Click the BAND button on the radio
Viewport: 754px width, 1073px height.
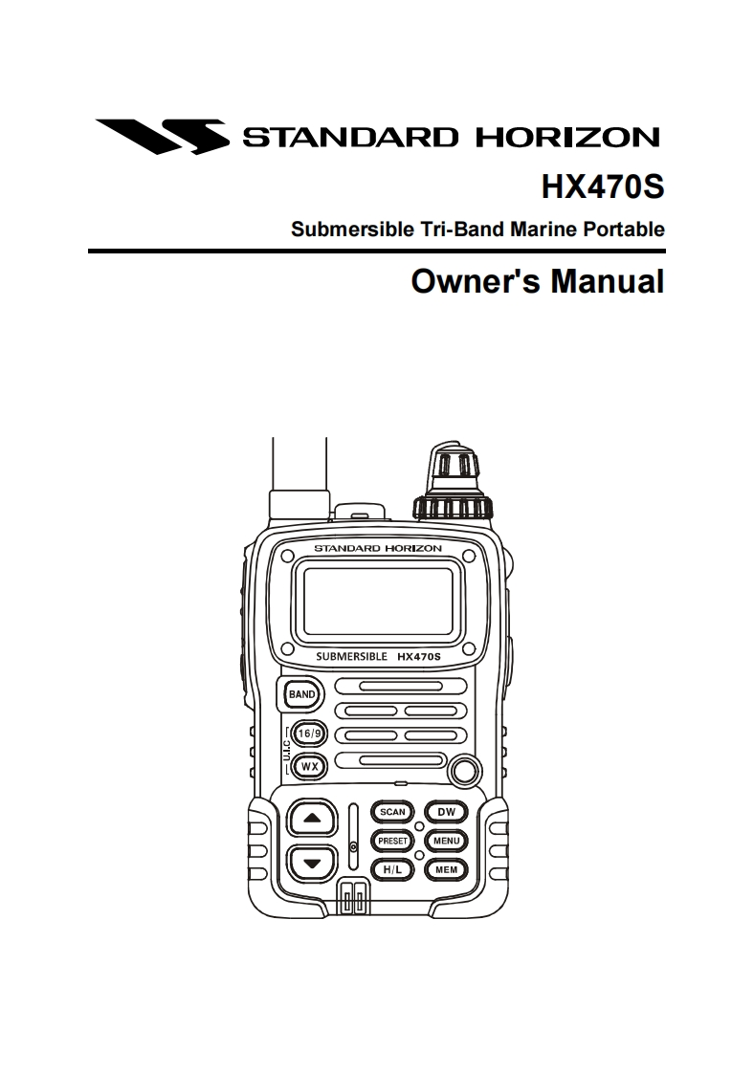click(302, 693)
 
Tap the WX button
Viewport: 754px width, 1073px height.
click(309, 766)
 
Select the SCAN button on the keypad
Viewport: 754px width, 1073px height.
click(392, 812)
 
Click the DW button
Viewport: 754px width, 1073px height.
click(446, 812)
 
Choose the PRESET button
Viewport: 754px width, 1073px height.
click(392, 842)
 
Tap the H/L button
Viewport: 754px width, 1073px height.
click(392, 870)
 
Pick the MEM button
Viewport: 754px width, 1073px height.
click(446, 870)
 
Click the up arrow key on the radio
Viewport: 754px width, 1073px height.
click(310, 818)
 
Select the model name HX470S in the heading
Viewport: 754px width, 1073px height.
click(602, 186)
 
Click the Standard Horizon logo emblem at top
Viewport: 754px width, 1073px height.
click(162, 136)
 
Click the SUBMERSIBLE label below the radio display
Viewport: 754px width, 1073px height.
click(351, 657)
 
